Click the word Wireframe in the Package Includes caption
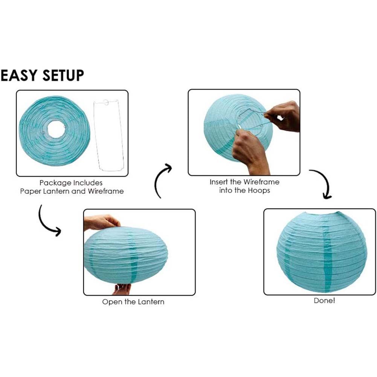[105, 191]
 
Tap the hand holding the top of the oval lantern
[101, 222]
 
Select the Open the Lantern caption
[133, 302]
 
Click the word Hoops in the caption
[259, 191]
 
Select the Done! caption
[324, 301]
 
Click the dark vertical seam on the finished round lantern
[327, 259]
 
